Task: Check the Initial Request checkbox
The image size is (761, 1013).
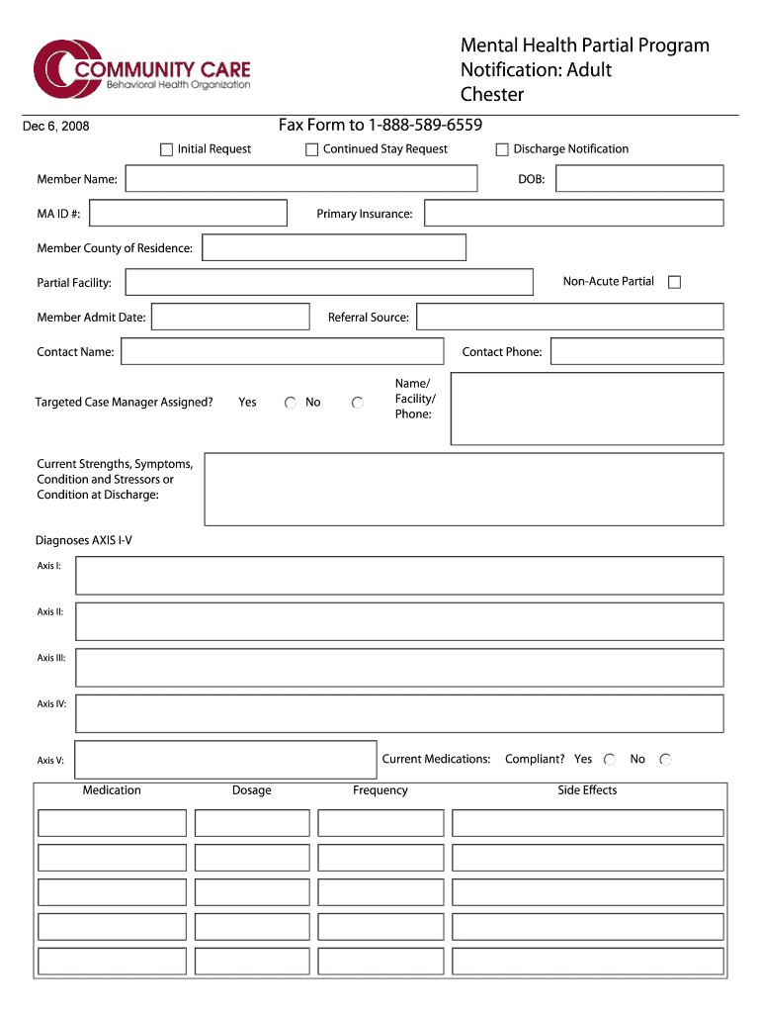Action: pos(166,149)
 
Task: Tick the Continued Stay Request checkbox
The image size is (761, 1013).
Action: pos(311,149)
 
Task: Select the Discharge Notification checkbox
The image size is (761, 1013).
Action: pos(502,149)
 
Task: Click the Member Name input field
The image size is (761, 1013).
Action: pos(300,179)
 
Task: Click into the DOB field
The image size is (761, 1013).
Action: pos(638,179)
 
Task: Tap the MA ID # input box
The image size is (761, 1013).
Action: pos(187,214)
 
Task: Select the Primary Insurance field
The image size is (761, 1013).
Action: pos(573,214)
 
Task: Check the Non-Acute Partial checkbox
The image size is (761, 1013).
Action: pos(674,282)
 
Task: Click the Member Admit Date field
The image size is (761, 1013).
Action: pos(230,317)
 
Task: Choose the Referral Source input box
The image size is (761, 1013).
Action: pos(569,317)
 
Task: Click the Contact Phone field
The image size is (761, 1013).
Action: pos(636,351)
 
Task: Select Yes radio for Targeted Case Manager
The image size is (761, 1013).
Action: pos(291,403)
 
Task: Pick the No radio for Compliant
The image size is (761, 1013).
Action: pos(665,760)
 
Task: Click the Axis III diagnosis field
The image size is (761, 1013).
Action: pos(399,668)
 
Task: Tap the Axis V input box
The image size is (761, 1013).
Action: pos(225,760)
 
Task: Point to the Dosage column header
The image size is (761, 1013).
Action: pos(252,790)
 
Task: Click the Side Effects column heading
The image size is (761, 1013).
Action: pos(587,790)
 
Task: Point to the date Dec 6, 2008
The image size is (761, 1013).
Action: pos(56,126)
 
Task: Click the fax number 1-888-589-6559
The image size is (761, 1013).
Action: pos(425,125)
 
